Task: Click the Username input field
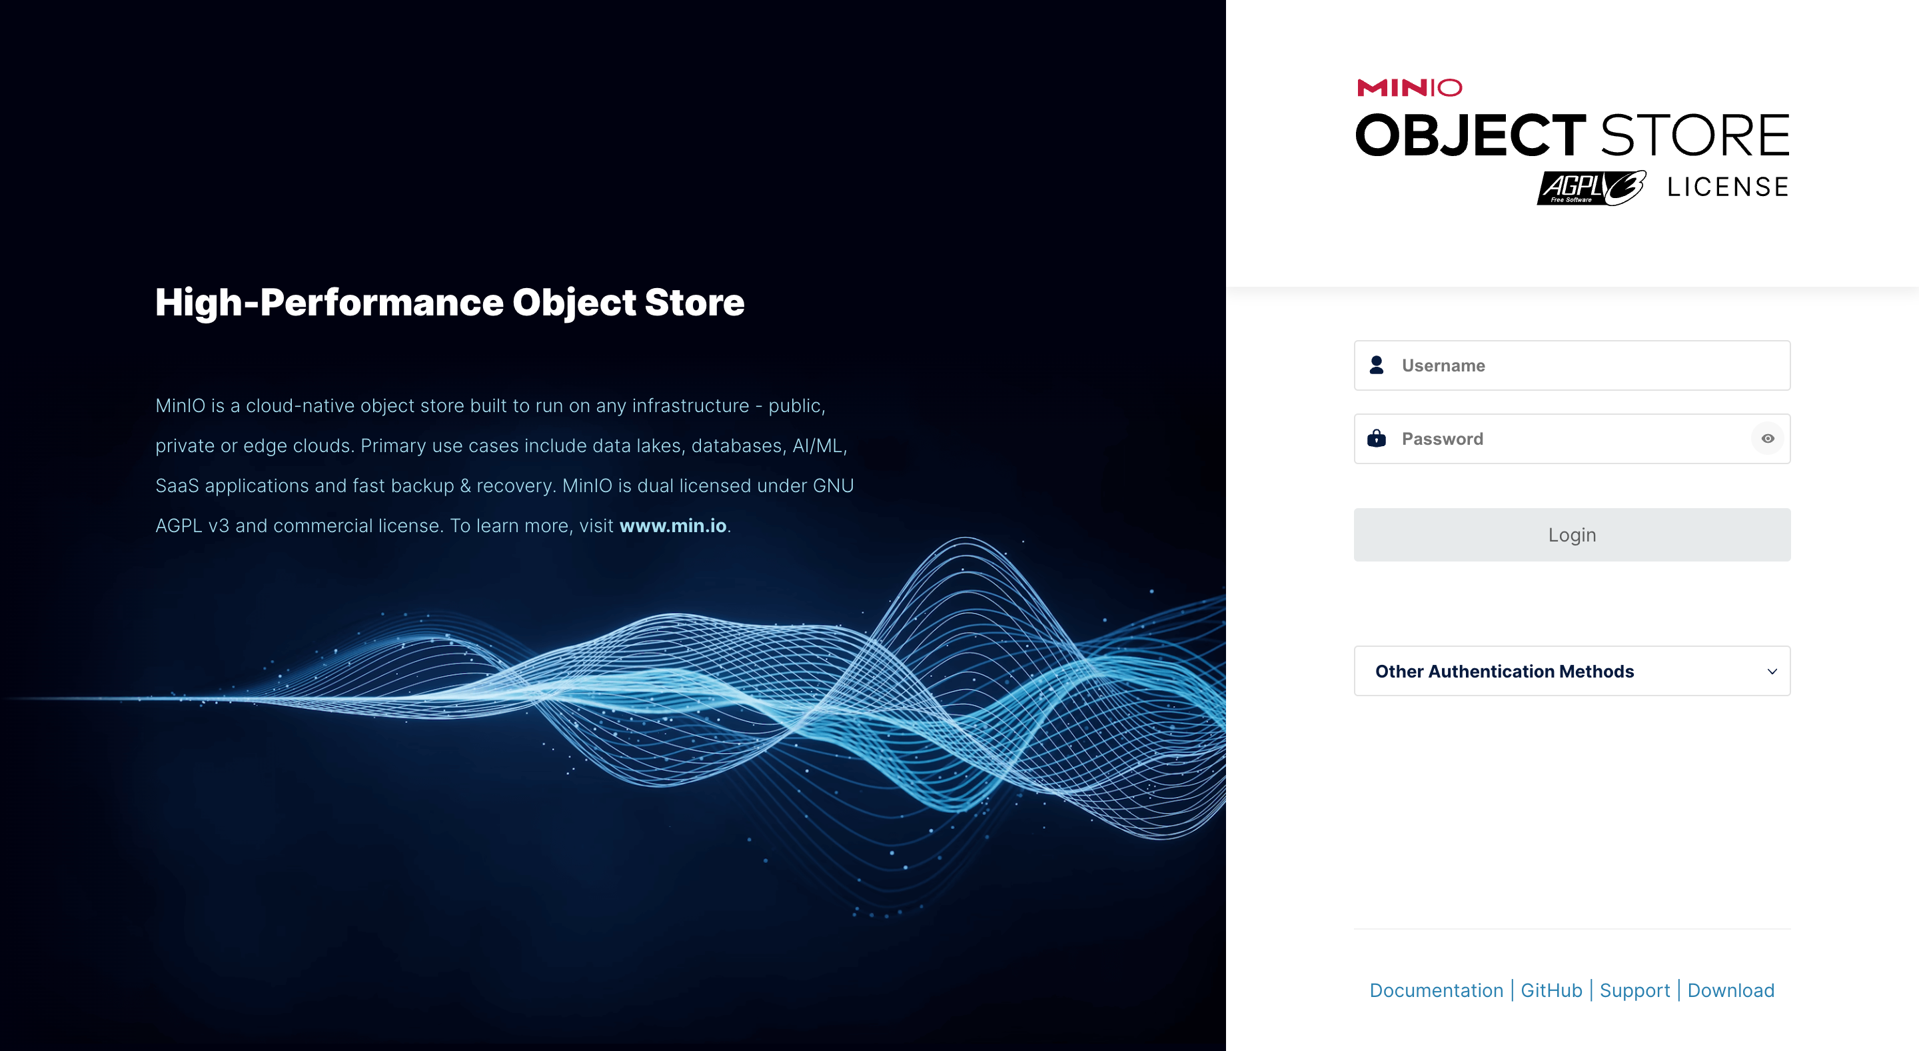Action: (1572, 365)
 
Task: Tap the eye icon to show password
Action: (1768, 439)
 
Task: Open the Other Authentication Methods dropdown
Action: (1572, 671)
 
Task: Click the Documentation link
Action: (1437, 990)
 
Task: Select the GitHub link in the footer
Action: (1551, 990)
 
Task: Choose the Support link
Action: (1634, 990)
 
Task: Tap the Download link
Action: (1730, 990)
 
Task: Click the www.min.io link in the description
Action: (673, 525)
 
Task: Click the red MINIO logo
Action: (1409, 88)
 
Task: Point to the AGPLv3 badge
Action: (1591, 188)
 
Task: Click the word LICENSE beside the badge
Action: (1728, 187)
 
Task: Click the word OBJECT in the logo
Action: (1471, 135)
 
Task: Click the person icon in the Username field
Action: (1377, 365)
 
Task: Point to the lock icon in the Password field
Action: (1377, 438)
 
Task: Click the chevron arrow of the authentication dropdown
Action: (1772, 672)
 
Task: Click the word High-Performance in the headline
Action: (328, 303)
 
